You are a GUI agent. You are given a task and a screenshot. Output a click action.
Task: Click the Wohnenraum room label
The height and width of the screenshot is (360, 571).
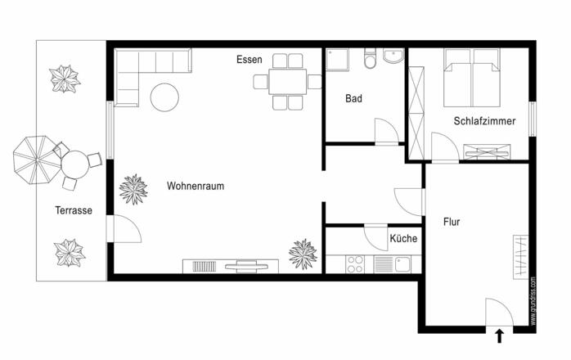[x=196, y=186]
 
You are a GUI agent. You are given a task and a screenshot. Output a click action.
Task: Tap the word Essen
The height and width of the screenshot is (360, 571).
[x=249, y=60]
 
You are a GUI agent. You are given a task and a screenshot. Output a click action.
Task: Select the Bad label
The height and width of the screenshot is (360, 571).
[x=353, y=98]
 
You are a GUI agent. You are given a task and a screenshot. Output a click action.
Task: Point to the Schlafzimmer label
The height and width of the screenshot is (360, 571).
[x=484, y=121]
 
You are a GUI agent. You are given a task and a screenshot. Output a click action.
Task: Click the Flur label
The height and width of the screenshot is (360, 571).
[x=452, y=222]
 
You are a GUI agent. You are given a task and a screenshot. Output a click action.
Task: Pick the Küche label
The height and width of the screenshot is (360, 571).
[x=403, y=238]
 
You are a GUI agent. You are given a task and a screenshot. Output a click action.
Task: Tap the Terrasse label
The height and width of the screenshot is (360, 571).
[x=74, y=210]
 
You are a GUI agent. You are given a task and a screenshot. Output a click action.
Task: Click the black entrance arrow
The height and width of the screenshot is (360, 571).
[x=500, y=336]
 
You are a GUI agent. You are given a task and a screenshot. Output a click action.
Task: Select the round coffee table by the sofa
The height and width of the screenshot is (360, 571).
[x=164, y=97]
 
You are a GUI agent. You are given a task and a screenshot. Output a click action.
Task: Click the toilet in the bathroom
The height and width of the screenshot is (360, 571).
[x=370, y=58]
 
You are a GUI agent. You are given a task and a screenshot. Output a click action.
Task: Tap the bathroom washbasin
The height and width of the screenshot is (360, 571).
[x=393, y=56]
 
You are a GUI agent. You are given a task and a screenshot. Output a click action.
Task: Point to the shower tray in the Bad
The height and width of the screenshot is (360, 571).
[x=337, y=60]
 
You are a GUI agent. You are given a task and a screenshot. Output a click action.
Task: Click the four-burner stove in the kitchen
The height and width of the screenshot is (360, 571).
[x=355, y=264]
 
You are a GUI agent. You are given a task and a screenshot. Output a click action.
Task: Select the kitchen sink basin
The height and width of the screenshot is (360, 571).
[x=402, y=264]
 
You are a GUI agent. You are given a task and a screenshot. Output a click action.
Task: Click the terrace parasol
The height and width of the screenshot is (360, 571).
[x=37, y=160]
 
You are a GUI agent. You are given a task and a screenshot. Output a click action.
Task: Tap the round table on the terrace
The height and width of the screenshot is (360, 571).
[x=75, y=164]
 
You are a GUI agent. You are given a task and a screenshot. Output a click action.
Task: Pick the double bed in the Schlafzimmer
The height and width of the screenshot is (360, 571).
[x=472, y=78]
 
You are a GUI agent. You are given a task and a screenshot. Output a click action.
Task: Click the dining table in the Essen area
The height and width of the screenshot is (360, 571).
[x=288, y=82]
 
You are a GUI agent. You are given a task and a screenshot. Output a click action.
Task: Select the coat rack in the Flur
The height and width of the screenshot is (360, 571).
[x=521, y=257]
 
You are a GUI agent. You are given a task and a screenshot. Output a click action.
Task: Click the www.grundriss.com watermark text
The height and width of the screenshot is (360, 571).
[x=533, y=301]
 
